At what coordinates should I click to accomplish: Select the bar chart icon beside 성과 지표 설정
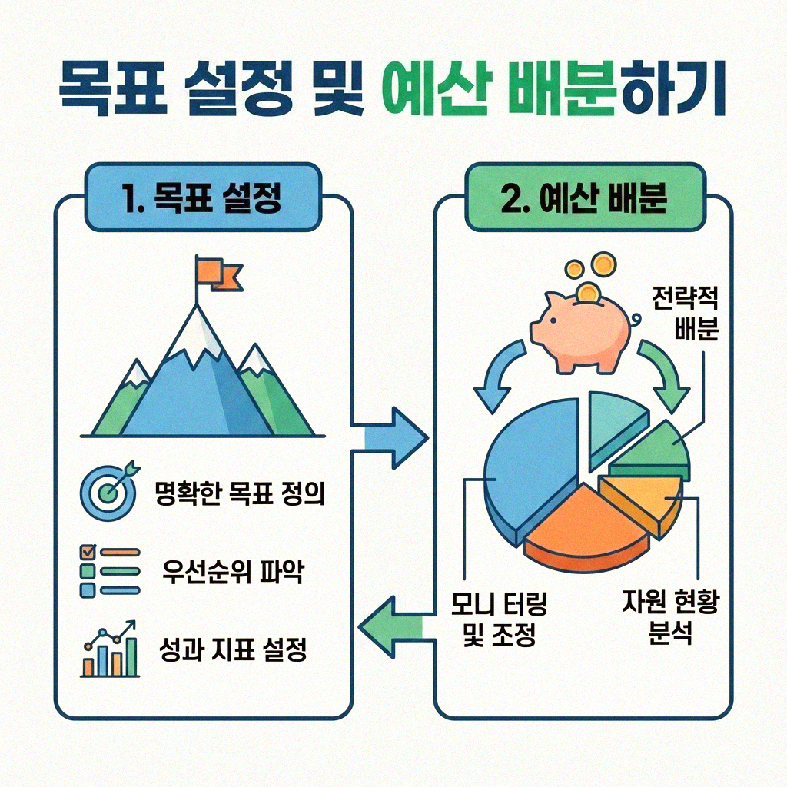pos(110,651)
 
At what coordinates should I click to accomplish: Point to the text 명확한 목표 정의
pos(239,493)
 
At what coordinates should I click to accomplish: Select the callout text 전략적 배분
pos(683,311)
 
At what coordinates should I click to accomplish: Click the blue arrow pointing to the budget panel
pos(392,437)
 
